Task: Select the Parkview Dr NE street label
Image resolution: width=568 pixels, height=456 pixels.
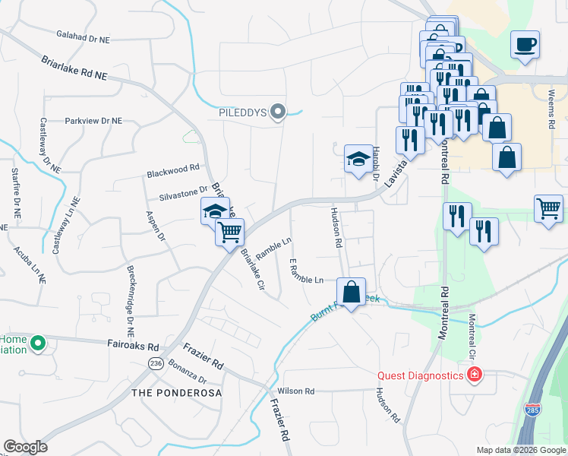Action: pyautogui.click(x=94, y=121)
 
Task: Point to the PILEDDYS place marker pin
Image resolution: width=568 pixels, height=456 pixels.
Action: pyautogui.click(x=278, y=113)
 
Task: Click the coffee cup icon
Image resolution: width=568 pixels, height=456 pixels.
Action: pyautogui.click(x=525, y=44)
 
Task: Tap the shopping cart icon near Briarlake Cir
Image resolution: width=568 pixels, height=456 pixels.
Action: pyautogui.click(x=229, y=231)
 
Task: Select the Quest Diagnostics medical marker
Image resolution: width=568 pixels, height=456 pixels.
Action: pyautogui.click(x=475, y=375)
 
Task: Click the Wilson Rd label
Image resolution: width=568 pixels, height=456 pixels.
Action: pyautogui.click(x=296, y=391)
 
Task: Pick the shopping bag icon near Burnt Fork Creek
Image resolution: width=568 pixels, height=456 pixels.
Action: pyautogui.click(x=351, y=292)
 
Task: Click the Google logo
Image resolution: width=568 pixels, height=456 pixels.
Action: pyautogui.click(x=25, y=446)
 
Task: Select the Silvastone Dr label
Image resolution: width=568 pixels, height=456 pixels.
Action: pyautogui.click(x=182, y=191)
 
